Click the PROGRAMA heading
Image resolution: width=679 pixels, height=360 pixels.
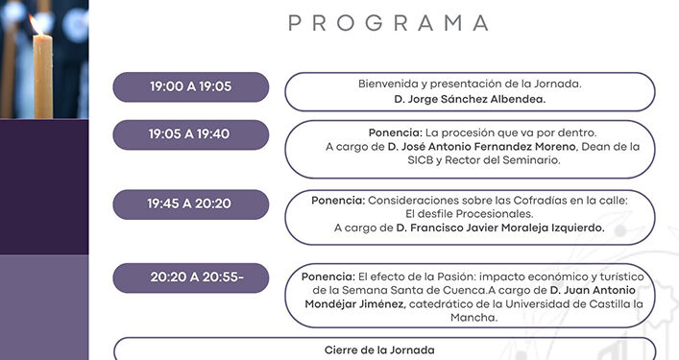pos(388,23)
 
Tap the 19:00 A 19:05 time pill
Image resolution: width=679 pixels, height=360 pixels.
pos(190,86)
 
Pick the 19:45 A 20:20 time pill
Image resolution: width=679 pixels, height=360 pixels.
pos(189,204)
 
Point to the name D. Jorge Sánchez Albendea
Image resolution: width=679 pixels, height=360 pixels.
pos(469,99)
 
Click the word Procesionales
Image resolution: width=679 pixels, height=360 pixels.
pos(498,214)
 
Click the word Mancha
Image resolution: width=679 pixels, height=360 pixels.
pos(471,319)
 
